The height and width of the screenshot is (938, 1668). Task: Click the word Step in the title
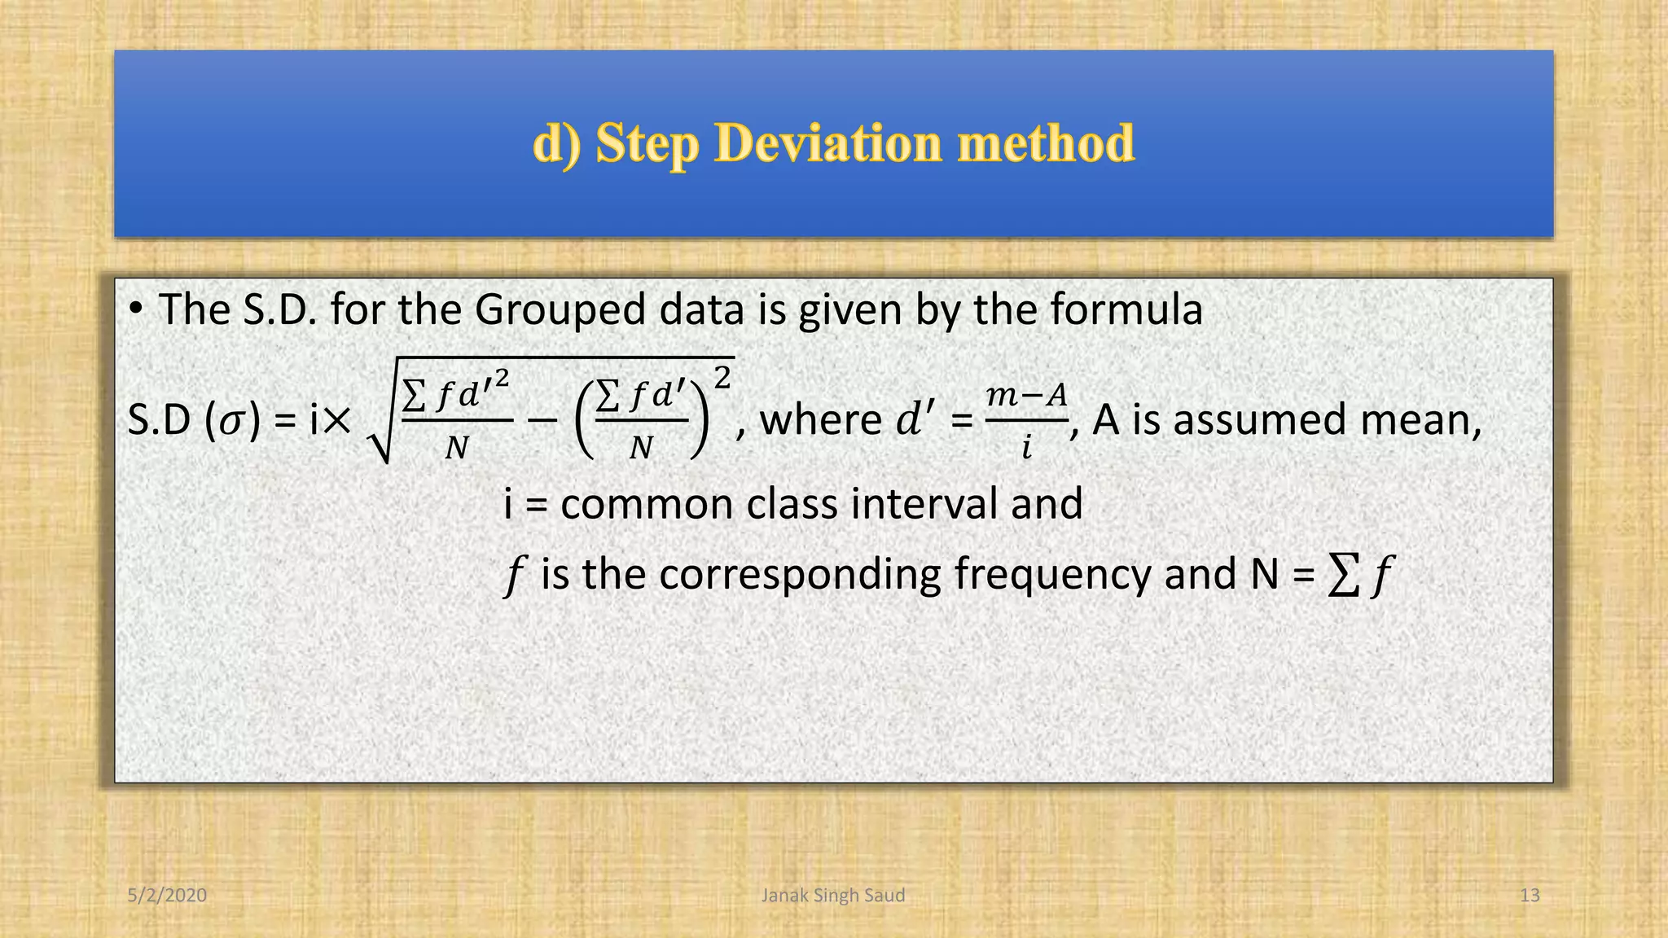point(647,144)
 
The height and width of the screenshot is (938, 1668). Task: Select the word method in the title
point(1046,143)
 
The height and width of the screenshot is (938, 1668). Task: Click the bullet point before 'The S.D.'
point(136,310)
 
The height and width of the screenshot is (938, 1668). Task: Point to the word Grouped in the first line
point(561,311)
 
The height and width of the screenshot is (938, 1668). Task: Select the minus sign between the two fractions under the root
point(542,421)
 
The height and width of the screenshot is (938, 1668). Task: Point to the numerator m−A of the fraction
point(1026,397)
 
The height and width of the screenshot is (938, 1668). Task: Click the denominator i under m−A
point(1027,447)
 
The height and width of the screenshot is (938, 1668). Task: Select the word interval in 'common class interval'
point(924,504)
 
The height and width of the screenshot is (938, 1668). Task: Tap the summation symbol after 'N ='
point(1343,575)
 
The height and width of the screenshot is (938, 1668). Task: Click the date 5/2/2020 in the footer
point(167,896)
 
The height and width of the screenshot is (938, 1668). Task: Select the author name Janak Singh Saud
point(832,896)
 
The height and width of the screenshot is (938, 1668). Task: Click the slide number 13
point(1530,896)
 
